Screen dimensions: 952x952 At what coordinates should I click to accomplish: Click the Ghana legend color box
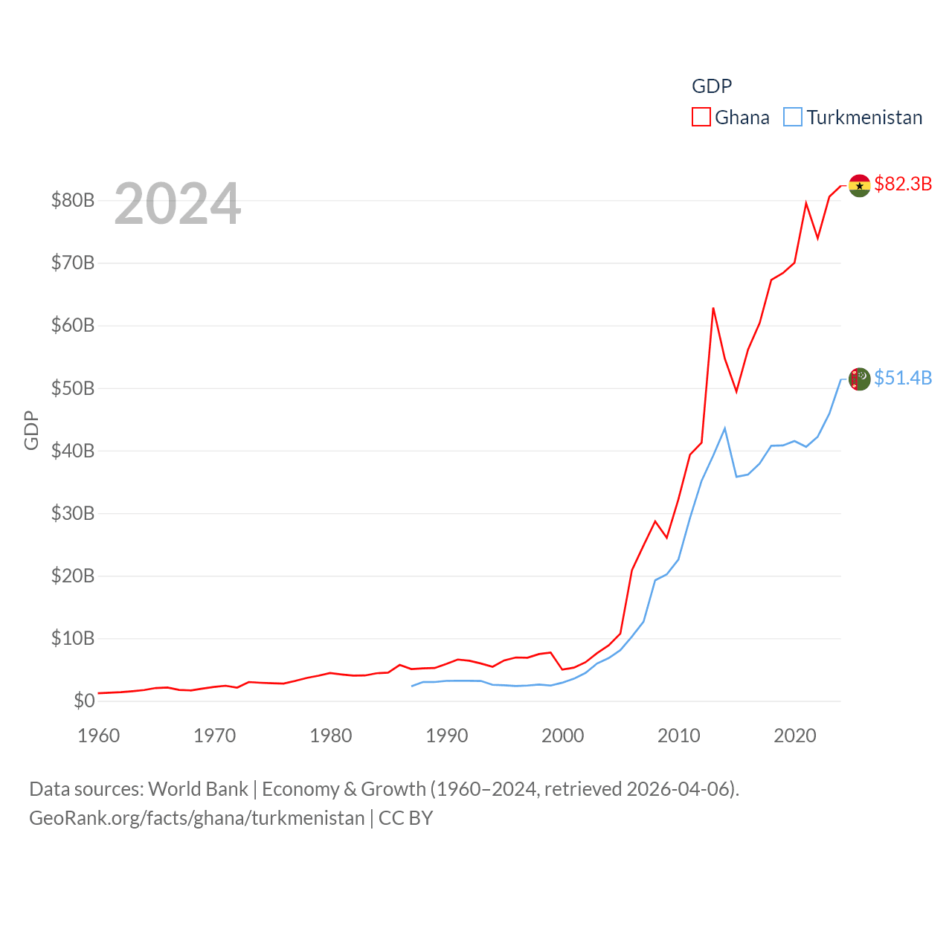click(x=701, y=118)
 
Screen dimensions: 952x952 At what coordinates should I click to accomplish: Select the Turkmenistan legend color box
click(x=793, y=118)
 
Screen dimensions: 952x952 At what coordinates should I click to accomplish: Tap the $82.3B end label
click(x=903, y=184)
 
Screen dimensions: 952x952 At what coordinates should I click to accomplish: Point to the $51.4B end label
click(x=903, y=378)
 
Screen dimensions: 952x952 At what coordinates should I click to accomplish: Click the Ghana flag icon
click(x=860, y=186)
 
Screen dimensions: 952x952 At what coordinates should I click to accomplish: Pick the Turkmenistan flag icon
click(x=860, y=379)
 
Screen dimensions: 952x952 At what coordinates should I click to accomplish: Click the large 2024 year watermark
click(x=177, y=204)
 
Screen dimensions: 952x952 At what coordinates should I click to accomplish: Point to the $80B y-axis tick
click(x=73, y=200)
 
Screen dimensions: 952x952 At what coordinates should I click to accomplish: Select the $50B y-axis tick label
click(x=73, y=388)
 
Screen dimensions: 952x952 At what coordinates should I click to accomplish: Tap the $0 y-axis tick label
click(x=84, y=701)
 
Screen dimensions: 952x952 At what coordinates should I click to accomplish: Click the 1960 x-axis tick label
click(x=98, y=736)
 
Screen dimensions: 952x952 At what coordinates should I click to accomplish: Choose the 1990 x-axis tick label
click(x=446, y=736)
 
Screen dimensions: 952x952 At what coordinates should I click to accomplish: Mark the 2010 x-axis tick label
click(x=678, y=736)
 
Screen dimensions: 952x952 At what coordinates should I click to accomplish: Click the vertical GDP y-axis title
click(x=31, y=430)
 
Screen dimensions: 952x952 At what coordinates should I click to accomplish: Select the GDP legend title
click(x=712, y=86)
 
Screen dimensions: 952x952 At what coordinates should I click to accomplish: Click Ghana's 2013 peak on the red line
click(x=713, y=308)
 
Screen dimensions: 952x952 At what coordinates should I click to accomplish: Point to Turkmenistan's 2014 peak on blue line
click(x=724, y=428)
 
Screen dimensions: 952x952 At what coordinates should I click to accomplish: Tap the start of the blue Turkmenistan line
click(x=412, y=686)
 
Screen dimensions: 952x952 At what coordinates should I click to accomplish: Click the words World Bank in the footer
click(x=198, y=788)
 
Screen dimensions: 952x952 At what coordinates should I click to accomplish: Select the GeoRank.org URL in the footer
click(x=196, y=818)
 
